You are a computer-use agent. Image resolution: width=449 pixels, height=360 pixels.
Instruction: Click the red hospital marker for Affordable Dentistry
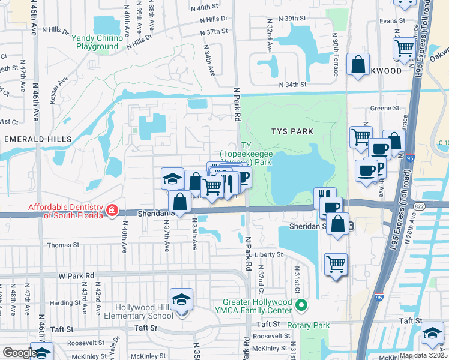112,210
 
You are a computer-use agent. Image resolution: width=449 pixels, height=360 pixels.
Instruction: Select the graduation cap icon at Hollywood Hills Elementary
181,299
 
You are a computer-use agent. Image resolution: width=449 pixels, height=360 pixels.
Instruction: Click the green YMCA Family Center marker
302,306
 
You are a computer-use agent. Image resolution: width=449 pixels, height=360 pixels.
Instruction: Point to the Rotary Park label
308,325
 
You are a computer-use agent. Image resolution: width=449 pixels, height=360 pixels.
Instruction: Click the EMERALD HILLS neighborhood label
38,139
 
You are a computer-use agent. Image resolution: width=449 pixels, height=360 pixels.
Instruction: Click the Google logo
19,353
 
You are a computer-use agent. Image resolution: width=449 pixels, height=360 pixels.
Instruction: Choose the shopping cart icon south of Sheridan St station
336,264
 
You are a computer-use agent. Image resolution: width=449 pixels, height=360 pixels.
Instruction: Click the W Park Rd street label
76,275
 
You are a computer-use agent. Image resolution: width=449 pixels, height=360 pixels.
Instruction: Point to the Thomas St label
63,245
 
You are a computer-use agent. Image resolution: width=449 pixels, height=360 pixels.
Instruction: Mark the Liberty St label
268,254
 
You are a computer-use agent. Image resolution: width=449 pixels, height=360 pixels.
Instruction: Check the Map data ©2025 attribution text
423,355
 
